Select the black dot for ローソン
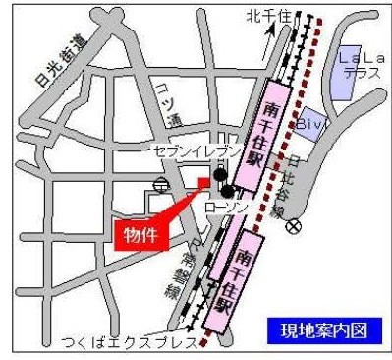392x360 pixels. coord(228,190)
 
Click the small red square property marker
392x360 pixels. coord(204,181)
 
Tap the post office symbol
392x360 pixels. coord(161,184)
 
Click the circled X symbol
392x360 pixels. coord(293,225)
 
